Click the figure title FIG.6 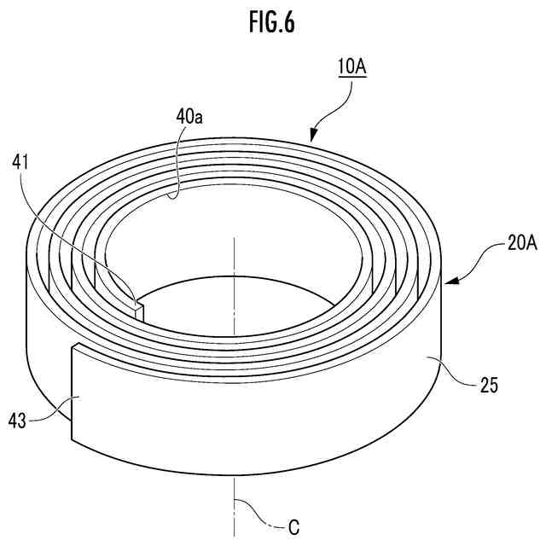[272, 24]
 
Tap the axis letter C [293, 526]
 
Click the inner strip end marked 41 [139, 304]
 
